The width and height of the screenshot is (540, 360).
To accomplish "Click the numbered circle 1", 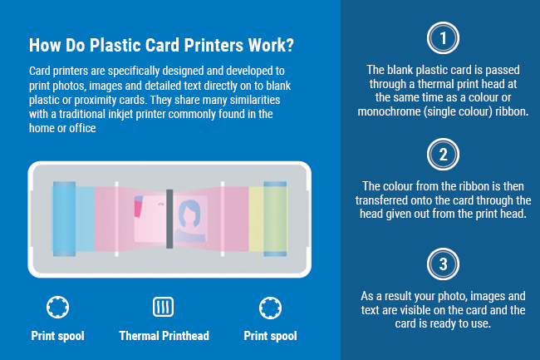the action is tap(443, 38).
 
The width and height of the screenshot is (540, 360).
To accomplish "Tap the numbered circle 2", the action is tap(443, 155).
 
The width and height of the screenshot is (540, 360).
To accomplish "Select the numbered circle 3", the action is tap(443, 264).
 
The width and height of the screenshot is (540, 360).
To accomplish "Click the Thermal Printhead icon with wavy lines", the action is tap(163, 307).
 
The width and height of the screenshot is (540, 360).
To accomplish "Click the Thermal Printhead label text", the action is tap(164, 336).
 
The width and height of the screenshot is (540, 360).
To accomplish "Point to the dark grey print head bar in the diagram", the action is tap(169, 219).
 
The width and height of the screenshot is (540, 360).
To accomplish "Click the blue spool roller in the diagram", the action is tap(64, 219).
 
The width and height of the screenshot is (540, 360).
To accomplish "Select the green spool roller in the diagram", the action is tap(275, 219).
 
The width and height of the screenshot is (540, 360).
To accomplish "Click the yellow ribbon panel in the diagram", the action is tap(256, 219).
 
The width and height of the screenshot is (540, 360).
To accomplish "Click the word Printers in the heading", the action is tap(214, 45).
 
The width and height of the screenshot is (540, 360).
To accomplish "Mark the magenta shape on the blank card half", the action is tap(139, 208).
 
